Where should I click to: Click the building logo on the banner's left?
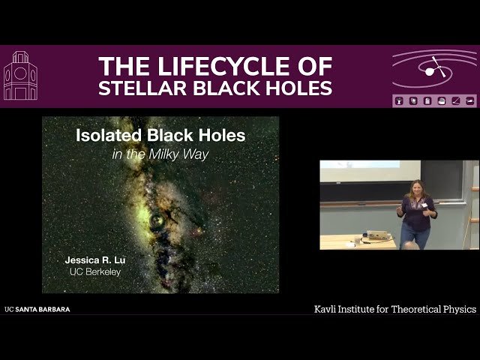pos(20,76)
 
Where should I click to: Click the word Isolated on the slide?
pos(106,136)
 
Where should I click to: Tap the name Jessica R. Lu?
pos(94,259)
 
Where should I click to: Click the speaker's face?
pos(414,187)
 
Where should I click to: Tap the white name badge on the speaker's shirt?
pos(424,204)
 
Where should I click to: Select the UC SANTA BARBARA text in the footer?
pos(37,309)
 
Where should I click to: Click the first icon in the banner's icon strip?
pos(400,100)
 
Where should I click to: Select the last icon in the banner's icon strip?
pos(470,100)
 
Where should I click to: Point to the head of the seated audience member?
pos(407,245)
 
